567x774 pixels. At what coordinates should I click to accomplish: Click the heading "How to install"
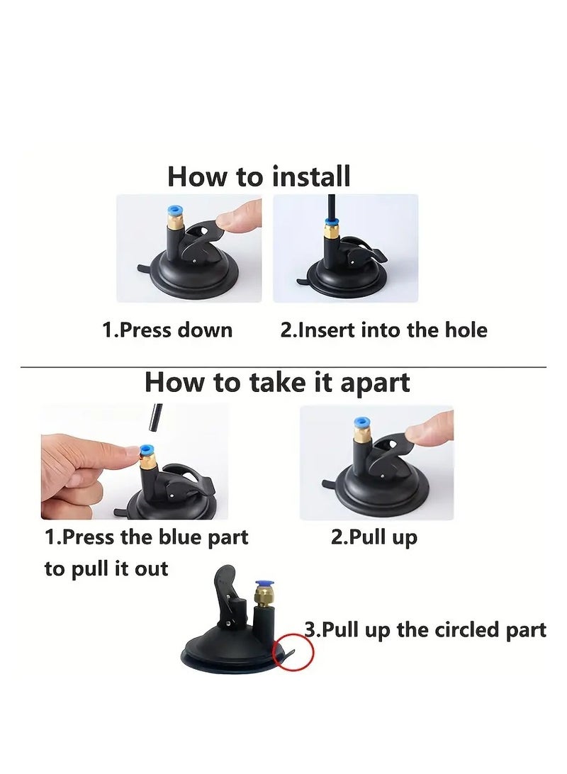click(259, 176)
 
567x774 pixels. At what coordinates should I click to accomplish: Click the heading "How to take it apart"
click(277, 383)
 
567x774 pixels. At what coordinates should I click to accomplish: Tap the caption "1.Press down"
click(167, 330)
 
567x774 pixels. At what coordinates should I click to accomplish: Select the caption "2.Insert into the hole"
click(383, 330)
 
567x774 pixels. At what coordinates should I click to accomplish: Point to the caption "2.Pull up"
click(374, 537)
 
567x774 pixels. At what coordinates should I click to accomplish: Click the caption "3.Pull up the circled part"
click(425, 630)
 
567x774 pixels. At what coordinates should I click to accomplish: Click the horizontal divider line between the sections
click(283, 366)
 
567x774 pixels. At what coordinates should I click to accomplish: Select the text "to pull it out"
click(106, 568)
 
